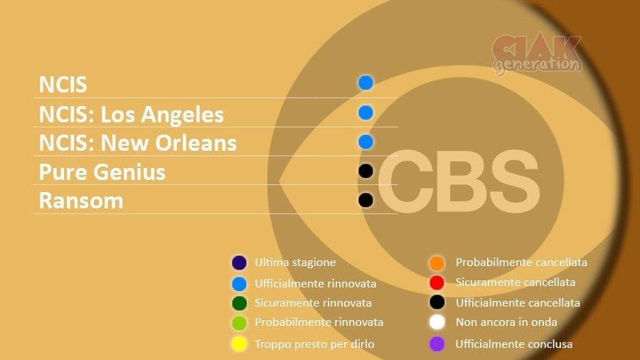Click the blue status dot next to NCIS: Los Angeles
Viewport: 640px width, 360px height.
366,112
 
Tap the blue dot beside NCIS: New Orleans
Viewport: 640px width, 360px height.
366,142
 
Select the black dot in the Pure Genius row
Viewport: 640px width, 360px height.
366,171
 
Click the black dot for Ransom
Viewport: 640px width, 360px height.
366,200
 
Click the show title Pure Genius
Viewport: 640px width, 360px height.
102,172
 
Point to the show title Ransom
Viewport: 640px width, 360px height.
81,201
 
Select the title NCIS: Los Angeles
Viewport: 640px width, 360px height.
132,115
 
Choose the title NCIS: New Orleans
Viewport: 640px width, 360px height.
138,143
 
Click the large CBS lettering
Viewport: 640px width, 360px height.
459,181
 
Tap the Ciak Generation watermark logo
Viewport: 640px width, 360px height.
537,54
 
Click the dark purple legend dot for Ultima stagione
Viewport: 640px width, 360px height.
239,263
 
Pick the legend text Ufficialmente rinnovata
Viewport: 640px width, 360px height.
316,283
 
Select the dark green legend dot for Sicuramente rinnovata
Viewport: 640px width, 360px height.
239,303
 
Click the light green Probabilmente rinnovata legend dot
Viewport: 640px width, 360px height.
239,323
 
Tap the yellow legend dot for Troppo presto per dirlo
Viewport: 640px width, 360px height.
239,344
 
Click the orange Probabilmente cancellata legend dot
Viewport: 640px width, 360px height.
437,263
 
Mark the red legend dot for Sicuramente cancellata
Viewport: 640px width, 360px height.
437,282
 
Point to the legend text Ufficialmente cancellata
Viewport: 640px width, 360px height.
518,303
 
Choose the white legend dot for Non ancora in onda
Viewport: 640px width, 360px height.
437,322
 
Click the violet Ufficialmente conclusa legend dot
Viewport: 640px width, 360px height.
437,344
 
